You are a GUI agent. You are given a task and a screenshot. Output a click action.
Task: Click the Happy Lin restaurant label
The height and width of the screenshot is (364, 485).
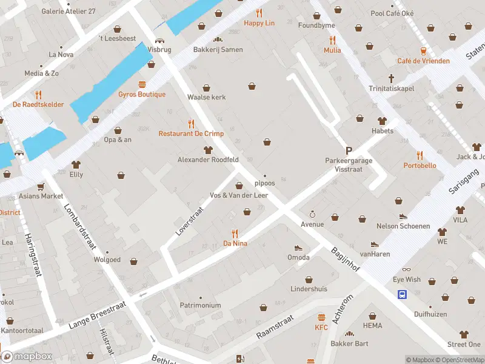(x=259, y=23)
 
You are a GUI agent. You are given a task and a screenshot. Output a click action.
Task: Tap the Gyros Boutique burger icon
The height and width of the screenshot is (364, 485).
(x=142, y=84)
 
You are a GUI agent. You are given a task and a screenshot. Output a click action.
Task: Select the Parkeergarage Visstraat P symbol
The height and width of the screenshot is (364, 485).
(x=349, y=150)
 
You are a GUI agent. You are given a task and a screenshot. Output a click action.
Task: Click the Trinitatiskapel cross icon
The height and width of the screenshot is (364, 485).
(x=392, y=78)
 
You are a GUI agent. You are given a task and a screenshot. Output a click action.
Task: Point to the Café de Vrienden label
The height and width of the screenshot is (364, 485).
(x=423, y=61)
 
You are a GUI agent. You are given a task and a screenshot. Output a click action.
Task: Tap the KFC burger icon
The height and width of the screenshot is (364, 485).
(x=321, y=317)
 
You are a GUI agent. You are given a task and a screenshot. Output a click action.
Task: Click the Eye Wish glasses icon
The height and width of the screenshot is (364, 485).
(x=406, y=269)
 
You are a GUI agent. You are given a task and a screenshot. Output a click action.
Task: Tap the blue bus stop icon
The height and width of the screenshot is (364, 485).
(x=402, y=294)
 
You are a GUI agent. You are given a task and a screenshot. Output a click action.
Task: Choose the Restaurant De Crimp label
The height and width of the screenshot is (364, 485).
(x=191, y=133)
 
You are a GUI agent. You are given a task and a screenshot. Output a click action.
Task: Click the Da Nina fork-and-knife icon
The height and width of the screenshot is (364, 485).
(x=235, y=233)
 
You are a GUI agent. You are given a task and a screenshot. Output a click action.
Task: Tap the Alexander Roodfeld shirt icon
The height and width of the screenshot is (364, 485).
(x=208, y=150)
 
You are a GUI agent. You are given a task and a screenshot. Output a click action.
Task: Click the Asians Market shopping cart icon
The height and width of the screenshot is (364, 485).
(x=41, y=186)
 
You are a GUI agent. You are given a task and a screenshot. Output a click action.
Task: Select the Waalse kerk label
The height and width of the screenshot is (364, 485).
(x=206, y=96)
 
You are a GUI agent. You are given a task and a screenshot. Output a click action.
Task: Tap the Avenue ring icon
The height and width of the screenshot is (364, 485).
(x=312, y=214)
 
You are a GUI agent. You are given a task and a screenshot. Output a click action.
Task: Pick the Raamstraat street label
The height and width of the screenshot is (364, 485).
(x=275, y=326)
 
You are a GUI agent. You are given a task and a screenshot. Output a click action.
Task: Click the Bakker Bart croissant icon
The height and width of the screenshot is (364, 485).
(x=349, y=334)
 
